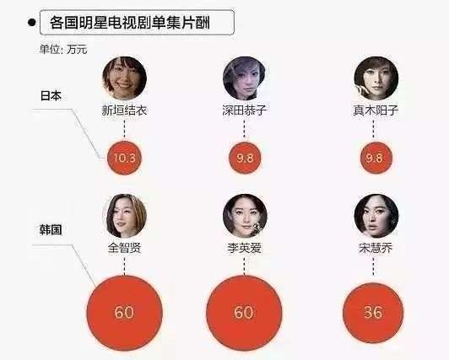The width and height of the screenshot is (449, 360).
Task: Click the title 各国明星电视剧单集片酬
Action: point(130,23)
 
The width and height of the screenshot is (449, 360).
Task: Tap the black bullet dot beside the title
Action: point(32,22)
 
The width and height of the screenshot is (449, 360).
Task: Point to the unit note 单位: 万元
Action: point(63,50)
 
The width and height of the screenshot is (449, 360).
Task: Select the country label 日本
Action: point(51,96)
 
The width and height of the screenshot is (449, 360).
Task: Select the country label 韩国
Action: point(51,230)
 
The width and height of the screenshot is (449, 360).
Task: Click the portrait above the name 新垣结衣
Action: point(125,78)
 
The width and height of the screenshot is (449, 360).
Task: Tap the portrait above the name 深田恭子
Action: point(244,78)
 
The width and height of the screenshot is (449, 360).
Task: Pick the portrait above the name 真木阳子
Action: point(376,78)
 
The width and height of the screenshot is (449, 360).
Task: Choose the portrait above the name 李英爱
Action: point(245,216)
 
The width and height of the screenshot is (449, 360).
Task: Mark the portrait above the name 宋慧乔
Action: point(376,216)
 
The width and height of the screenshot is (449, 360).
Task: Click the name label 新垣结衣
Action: point(124,110)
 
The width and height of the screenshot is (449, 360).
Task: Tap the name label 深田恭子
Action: point(244,110)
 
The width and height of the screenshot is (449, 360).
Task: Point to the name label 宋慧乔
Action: point(376,248)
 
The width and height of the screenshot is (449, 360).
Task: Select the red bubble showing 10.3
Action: point(124,158)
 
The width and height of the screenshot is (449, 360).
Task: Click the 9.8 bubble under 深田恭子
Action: point(245,158)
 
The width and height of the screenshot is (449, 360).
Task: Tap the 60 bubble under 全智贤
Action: point(125,313)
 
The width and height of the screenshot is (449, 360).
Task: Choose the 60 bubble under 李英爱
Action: point(244,313)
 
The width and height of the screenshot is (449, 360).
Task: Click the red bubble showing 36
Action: point(373,313)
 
